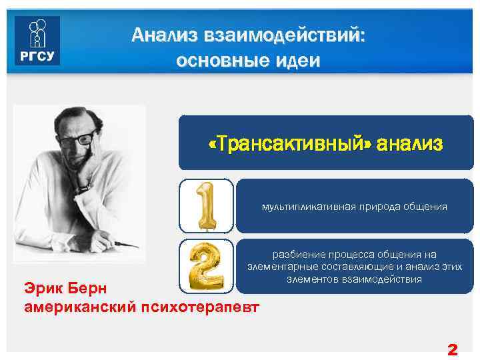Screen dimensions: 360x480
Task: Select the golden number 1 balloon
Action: pyautogui.click(x=206, y=205)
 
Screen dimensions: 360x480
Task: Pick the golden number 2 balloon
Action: pyautogui.click(x=206, y=265)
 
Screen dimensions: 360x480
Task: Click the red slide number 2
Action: pyautogui.click(x=452, y=349)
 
